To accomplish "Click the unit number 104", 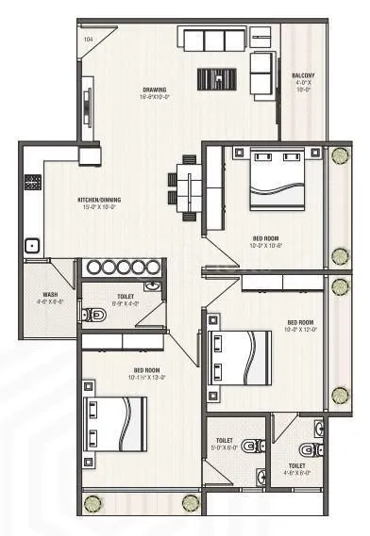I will (x=89, y=40).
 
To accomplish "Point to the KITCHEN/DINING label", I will (x=98, y=200).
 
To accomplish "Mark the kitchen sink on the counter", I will (x=32, y=245).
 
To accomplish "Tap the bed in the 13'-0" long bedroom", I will (x=115, y=425).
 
